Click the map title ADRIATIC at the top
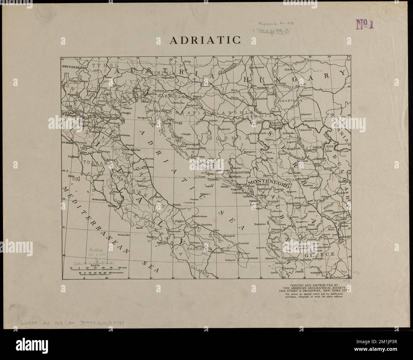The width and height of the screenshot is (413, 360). click(205, 40)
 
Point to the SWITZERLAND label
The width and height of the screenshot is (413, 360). click(74, 67)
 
